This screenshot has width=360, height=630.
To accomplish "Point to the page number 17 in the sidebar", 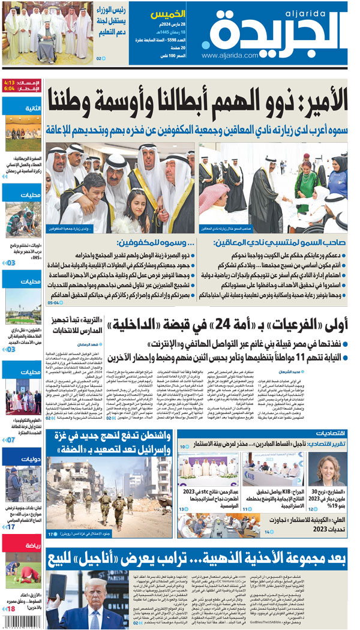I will [11, 527].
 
